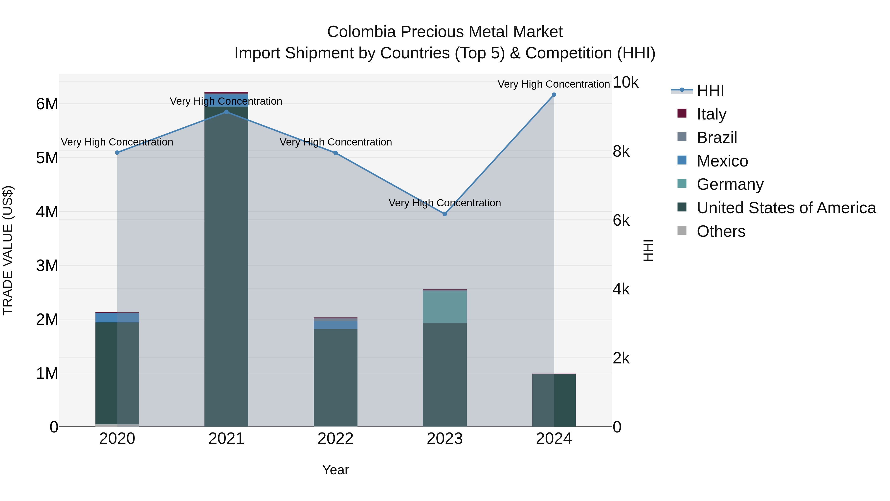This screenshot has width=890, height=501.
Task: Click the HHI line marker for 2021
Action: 226,112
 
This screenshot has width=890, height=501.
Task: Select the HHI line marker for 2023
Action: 445,214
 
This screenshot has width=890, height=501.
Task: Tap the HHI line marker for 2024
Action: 554,95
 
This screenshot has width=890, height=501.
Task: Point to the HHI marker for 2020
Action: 117,152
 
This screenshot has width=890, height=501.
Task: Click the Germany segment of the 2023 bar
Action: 445,307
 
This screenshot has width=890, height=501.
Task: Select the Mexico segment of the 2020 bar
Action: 117,317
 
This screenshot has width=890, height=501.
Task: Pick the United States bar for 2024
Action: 554,400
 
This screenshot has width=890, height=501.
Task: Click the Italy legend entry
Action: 711,114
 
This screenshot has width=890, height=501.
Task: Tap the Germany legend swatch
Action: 682,184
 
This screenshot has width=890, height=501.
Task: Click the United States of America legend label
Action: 786,208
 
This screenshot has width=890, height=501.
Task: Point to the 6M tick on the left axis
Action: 47,104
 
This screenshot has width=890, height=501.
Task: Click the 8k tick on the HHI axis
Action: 621,151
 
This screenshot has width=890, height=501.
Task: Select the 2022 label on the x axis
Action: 335,439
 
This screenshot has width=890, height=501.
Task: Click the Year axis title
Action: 335,470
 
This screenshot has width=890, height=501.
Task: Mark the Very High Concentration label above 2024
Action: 554,84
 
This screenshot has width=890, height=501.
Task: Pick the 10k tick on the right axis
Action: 625,82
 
